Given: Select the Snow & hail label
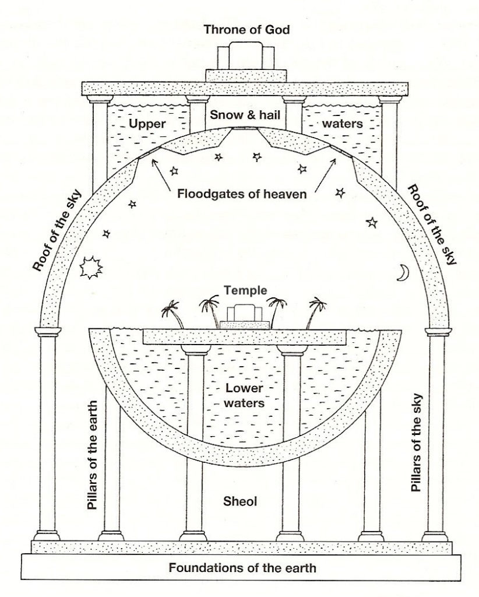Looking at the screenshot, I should [x=240, y=115].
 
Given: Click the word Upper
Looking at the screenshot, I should [x=146, y=124].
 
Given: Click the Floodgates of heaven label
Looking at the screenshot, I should [x=240, y=194].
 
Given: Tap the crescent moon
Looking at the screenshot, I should [x=402, y=273].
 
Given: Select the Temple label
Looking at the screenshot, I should [x=239, y=289].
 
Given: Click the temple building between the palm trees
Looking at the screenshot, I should [x=239, y=315].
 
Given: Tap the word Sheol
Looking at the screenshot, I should [x=239, y=500].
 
